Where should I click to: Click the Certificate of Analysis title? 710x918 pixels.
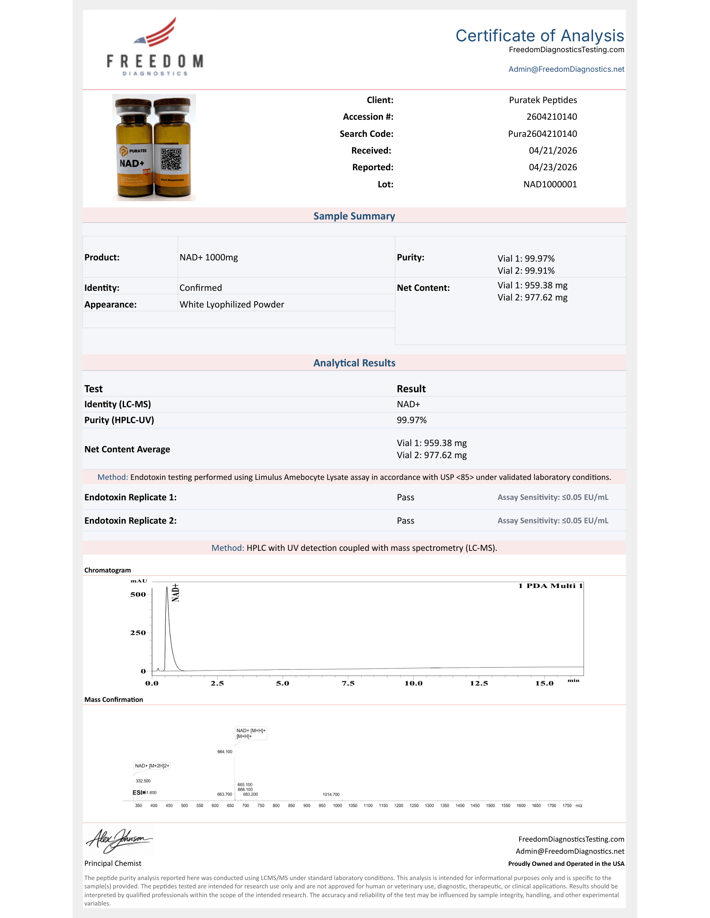click(539, 36)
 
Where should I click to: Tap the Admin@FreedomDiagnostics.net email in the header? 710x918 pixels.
click(566, 69)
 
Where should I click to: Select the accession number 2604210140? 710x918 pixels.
click(551, 117)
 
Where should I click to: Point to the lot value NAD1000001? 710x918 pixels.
click(550, 184)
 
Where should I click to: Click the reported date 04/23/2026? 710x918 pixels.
click(552, 167)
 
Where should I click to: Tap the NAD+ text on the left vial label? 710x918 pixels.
click(132, 163)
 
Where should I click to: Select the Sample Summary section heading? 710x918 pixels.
click(354, 216)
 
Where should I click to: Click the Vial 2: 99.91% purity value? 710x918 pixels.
click(526, 271)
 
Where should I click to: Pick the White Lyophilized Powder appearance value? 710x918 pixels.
click(232, 304)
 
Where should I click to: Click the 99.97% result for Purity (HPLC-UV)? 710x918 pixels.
click(411, 420)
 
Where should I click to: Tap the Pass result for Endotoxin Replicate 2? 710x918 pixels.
click(406, 520)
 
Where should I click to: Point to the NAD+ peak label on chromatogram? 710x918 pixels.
click(176, 593)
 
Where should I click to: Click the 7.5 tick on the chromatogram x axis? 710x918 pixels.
click(348, 683)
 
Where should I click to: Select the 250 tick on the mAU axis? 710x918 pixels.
click(138, 633)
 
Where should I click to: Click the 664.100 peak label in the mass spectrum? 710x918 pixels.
click(225, 752)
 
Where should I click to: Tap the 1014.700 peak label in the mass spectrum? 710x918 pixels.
click(331, 794)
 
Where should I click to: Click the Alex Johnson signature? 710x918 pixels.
click(119, 840)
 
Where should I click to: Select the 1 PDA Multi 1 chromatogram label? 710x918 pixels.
click(550, 586)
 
